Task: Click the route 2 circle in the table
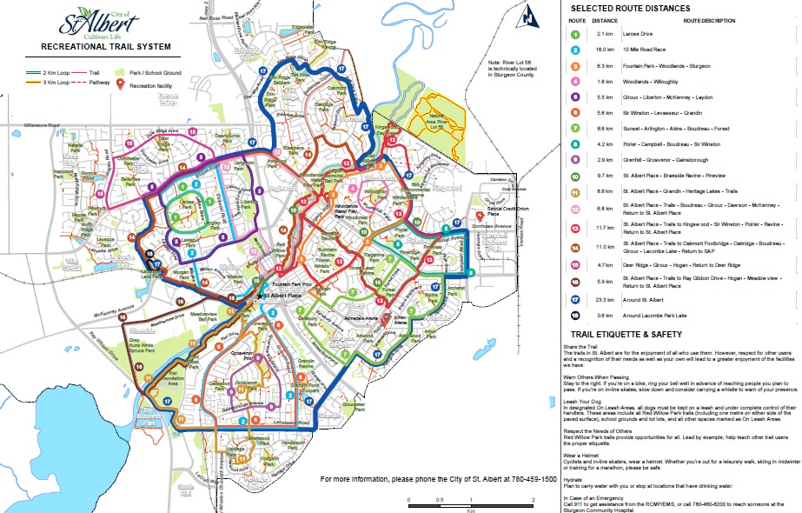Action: click(x=575, y=50)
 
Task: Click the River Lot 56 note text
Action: click(x=520, y=67)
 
